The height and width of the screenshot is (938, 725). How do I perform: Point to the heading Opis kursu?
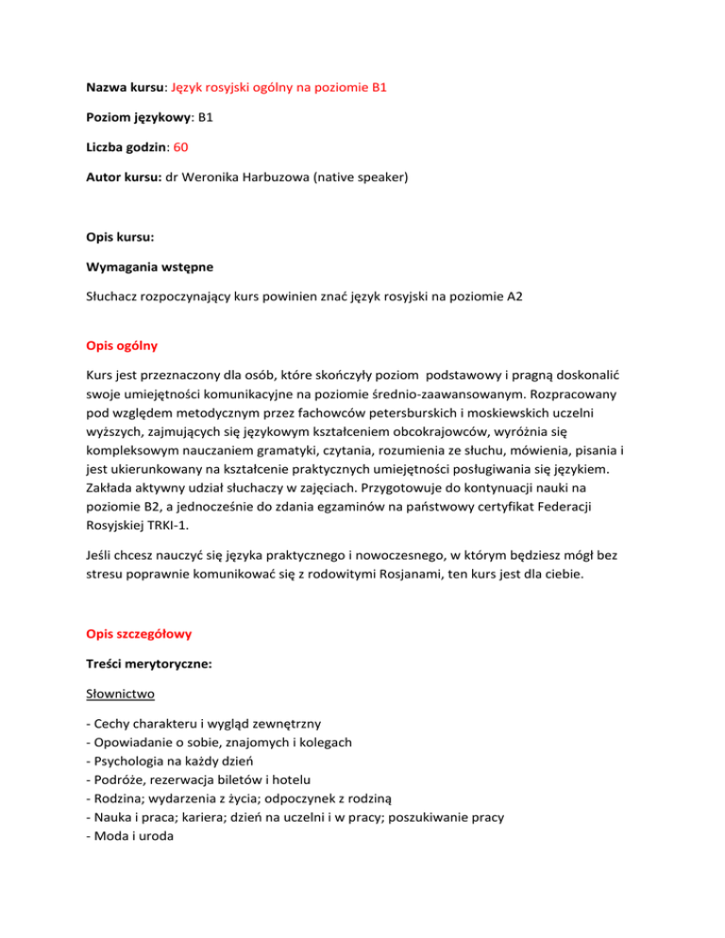coord(117,239)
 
